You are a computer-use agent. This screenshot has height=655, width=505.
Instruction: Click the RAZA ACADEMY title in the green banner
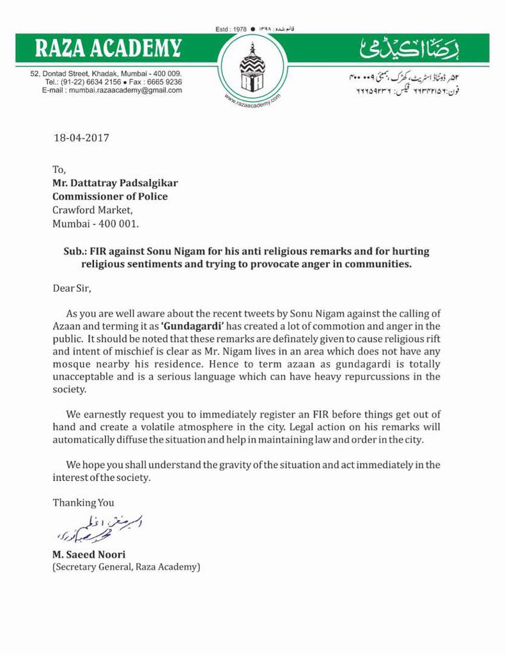pos(108,48)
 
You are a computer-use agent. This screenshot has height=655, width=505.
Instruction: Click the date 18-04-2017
pos(81,138)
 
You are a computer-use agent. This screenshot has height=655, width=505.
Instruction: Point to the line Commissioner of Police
pos(110,196)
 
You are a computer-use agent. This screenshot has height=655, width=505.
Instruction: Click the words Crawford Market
pos(93,210)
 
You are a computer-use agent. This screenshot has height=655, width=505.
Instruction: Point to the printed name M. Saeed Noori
pos(89,555)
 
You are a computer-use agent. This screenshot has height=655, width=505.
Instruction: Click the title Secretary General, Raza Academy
pos(126,567)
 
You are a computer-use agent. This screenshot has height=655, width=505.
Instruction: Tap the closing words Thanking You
pos(83,503)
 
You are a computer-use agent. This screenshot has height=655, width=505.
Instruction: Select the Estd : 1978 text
pos(231,29)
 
